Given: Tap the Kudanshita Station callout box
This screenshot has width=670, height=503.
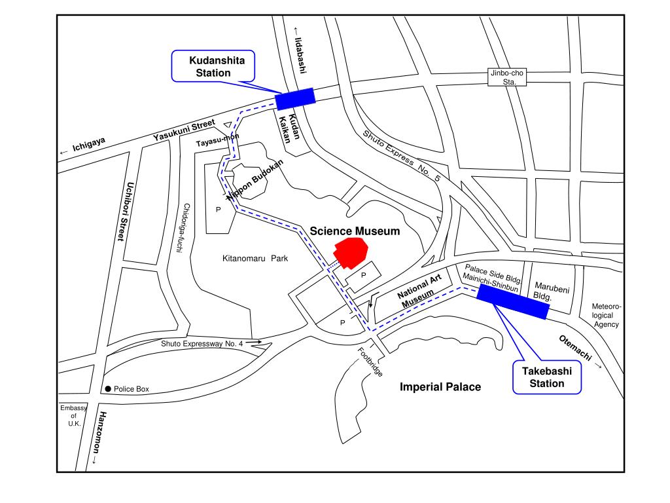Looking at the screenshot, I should pos(213,67).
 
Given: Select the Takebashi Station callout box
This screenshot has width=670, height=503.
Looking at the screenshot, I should pos(547,377).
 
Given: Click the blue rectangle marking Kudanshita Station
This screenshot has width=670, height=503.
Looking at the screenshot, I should pos(295,98).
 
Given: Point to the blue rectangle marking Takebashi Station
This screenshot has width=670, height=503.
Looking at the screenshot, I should pos(512,301).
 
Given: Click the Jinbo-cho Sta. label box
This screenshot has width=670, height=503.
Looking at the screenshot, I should pos(509,77).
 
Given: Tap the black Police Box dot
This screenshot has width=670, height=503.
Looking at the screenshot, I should pos(108,389).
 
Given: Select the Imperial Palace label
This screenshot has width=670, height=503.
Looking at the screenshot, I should pos(440,387).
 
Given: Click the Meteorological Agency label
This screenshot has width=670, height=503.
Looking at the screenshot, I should pos(607,316).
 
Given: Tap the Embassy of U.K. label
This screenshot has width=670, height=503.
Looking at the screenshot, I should pos(73,416).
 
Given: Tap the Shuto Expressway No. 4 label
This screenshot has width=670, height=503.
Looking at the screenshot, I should pos(202,343).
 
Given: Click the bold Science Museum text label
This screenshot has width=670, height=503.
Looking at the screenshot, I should pos(355,231).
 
